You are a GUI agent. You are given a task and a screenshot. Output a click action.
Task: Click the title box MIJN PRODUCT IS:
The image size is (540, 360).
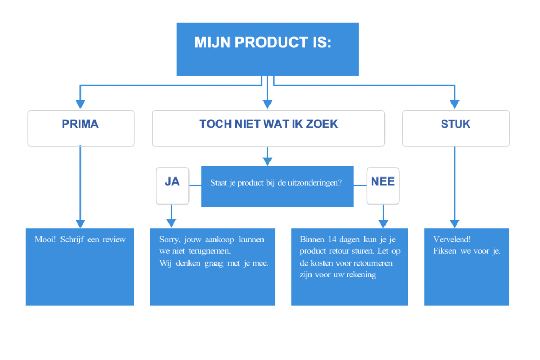click(x=267, y=49)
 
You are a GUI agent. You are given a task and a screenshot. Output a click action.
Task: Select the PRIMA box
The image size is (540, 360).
click(x=81, y=128)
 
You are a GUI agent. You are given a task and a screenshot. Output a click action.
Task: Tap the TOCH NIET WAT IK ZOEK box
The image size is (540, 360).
click(x=268, y=128)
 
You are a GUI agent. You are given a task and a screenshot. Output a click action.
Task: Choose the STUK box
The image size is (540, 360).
click(x=456, y=128)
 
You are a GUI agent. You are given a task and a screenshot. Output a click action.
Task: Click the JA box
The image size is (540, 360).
click(x=172, y=186)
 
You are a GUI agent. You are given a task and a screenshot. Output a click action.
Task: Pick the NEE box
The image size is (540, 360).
click(x=383, y=186)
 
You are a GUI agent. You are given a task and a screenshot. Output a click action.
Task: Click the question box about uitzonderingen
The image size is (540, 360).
click(x=277, y=186)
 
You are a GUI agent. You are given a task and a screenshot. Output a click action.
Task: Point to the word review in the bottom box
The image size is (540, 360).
click(x=114, y=240)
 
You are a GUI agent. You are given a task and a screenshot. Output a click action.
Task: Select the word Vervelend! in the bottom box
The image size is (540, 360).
click(x=452, y=239)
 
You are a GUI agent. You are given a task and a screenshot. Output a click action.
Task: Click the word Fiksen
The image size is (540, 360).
click(x=444, y=251)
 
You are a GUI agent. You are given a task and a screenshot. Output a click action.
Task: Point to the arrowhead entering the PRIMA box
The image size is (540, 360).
click(x=80, y=104)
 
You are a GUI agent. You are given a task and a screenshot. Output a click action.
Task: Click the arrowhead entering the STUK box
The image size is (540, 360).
click(x=455, y=104)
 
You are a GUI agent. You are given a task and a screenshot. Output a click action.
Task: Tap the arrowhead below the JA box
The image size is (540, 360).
click(x=171, y=223)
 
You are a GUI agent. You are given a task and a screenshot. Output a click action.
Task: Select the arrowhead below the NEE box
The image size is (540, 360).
click(x=383, y=223)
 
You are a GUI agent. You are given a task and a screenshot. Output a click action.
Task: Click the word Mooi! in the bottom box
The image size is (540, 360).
click(x=45, y=239)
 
